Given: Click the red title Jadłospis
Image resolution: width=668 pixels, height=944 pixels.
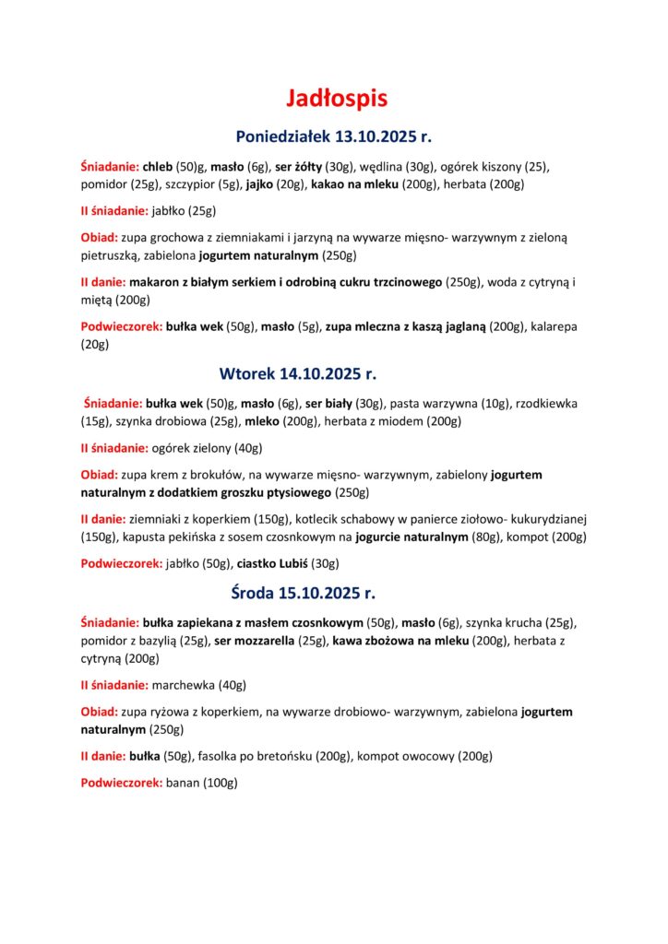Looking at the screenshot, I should click(334, 98).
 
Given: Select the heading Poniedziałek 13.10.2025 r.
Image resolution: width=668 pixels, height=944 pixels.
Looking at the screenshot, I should click(334, 137).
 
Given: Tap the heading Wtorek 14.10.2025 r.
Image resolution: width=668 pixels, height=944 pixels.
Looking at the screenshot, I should click(298, 374).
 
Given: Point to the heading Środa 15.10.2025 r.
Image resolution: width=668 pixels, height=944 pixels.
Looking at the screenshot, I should click(303, 593).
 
